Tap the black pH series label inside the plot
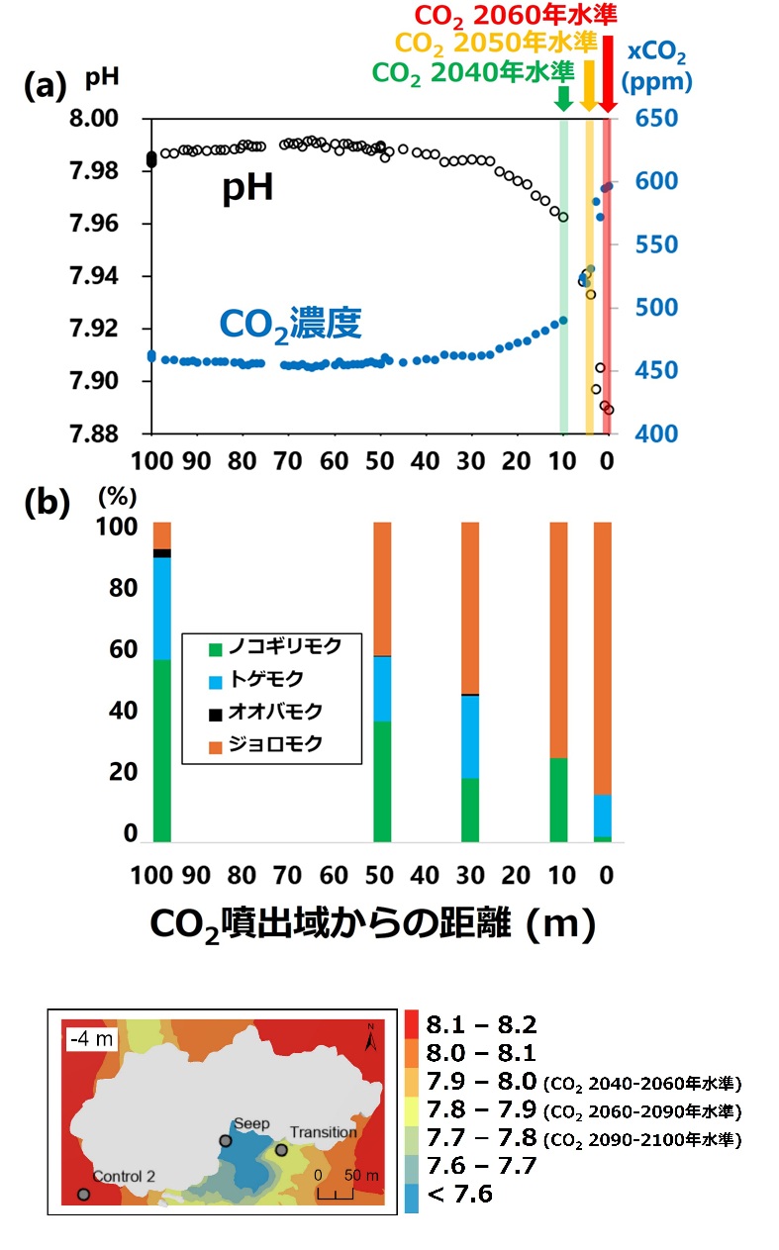246,190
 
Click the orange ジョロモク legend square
216,742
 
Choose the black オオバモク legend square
216,712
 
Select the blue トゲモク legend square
216,680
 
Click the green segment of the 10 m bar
558,800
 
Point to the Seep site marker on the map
226,1141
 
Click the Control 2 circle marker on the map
83,1195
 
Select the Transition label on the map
323,1133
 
